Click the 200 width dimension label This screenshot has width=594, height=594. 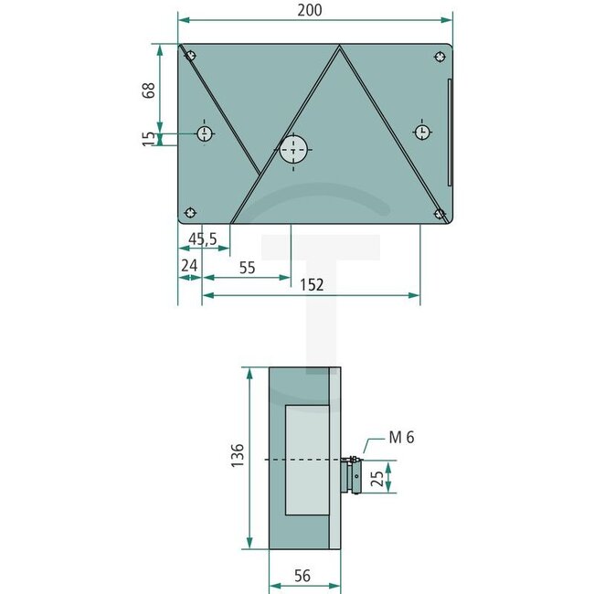[310, 9]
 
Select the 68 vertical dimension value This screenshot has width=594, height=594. [150, 90]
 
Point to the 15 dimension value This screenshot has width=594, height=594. [150, 139]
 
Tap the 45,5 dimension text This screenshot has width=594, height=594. [202, 239]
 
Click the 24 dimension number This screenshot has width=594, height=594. [189, 266]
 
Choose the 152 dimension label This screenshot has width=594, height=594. [312, 285]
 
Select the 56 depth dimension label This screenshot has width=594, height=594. [304, 576]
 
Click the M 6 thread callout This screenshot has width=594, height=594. [401, 438]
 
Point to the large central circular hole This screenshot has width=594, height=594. [294, 150]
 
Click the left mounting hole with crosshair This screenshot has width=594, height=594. [205, 134]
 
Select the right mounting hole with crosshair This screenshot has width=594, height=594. [422, 133]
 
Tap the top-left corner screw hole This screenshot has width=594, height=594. [191, 54]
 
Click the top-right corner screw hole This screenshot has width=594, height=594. [440, 55]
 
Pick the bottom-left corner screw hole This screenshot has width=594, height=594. [190, 213]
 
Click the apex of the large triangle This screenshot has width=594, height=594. [340, 48]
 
